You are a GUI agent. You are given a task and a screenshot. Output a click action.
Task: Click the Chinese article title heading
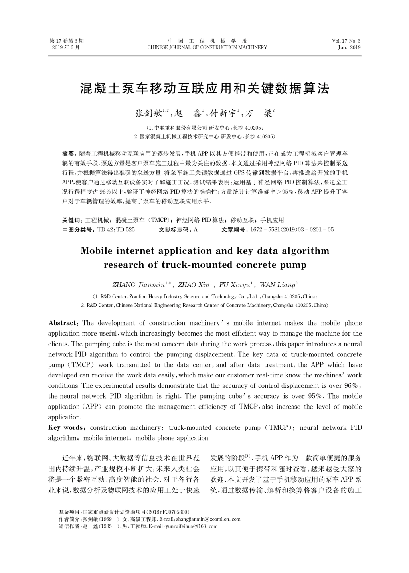(x=204, y=89)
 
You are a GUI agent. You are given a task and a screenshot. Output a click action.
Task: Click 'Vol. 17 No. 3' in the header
(x=346, y=41)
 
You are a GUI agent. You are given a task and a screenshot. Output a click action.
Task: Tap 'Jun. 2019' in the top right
(x=349, y=47)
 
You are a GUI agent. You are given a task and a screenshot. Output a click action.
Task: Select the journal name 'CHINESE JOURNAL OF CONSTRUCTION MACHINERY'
(x=207, y=47)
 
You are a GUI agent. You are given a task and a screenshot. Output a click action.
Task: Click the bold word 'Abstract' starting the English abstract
(x=63, y=323)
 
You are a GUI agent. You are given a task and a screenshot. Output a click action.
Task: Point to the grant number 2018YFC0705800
(x=167, y=512)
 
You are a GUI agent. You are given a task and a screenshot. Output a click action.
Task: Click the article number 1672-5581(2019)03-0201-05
(x=291, y=230)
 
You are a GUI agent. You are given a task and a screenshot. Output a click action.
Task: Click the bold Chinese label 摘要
(x=69, y=153)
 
